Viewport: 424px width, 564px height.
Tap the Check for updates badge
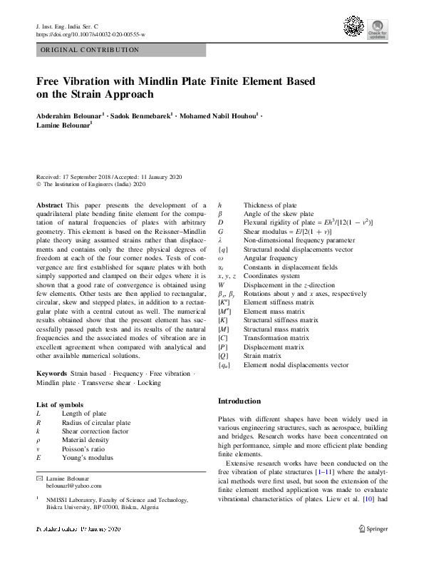coord(377,30)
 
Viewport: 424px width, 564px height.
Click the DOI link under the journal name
coord(90,34)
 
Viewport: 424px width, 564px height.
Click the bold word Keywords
coord(52,374)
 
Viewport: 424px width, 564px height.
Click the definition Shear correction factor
coord(95,431)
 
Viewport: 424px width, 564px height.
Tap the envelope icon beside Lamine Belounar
coord(40,477)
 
